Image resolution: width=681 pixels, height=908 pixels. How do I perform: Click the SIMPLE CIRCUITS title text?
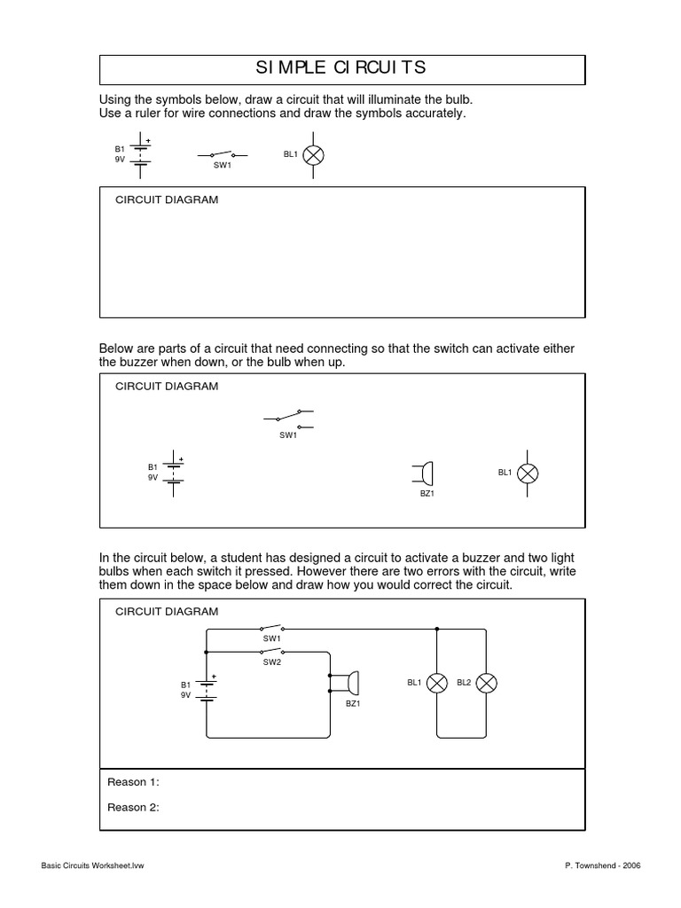click(340, 67)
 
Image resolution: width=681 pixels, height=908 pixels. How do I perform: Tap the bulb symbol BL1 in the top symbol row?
click(314, 155)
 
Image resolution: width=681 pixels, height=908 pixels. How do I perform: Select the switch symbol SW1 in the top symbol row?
click(223, 154)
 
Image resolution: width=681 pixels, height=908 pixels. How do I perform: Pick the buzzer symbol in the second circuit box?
click(424, 474)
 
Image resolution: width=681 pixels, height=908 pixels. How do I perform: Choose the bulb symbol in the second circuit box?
click(528, 474)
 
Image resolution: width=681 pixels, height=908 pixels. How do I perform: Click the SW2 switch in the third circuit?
click(270, 650)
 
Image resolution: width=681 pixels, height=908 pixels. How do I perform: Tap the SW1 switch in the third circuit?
click(270, 627)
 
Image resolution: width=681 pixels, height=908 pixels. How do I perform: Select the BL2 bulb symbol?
click(487, 683)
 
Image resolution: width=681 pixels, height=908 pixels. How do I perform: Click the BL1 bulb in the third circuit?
click(437, 683)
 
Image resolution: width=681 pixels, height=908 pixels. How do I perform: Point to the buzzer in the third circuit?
click(347, 682)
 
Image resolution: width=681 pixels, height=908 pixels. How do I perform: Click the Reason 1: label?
click(133, 782)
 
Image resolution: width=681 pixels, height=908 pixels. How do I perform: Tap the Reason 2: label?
click(133, 807)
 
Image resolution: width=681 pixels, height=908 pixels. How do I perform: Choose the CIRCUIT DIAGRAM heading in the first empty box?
click(167, 200)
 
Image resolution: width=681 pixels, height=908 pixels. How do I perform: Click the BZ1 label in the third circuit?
click(352, 703)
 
